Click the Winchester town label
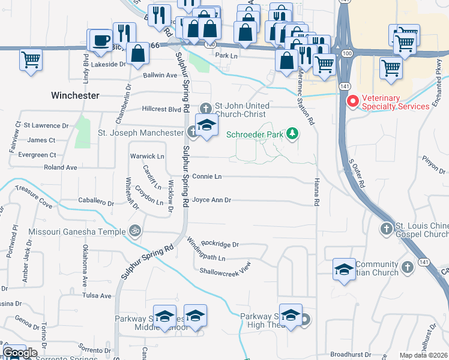pyautogui.click(x=75, y=95)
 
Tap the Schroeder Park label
pyautogui.click(x=254, y=134)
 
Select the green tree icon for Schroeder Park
pyautogui.click(x=292, y=133)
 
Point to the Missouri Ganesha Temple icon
pyautogui.click(x=135, y=230)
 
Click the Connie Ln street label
pyautogui.click(x=207, y=177)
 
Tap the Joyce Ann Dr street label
pyautogui.click(x=211, y=200)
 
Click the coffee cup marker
pyautogui.click(x=101, y=40)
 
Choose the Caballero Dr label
pyautogui.click(x=97, y=200)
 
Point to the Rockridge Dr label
pyautogui.click(x=220, y=244)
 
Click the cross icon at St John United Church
pyautogui.click(x=206, y=109)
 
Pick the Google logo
pyautogui.click(x=20, y=353)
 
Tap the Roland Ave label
pyautogui.click(x=61, y=167)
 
